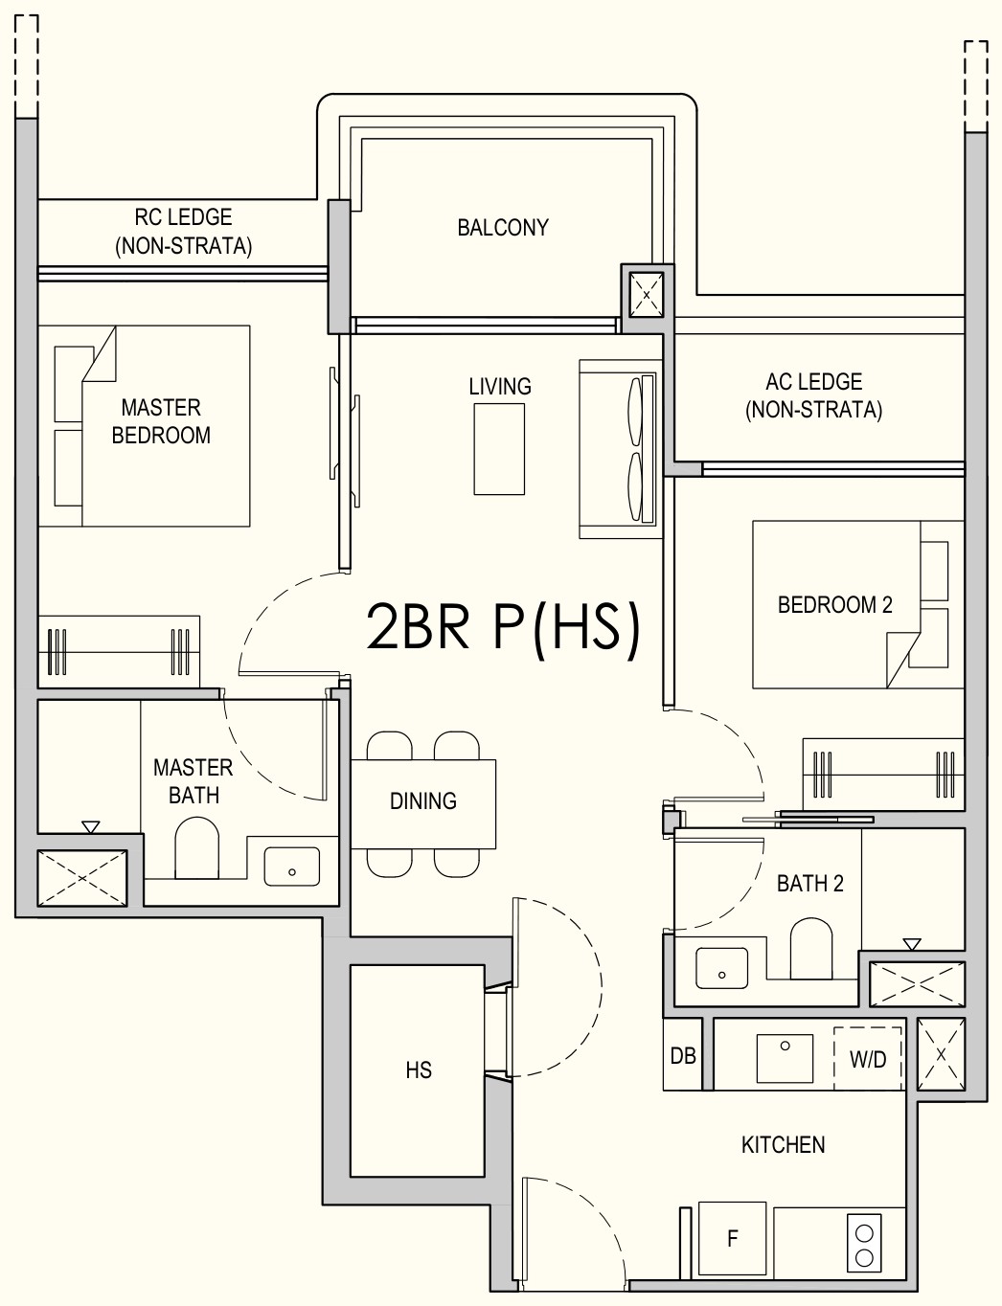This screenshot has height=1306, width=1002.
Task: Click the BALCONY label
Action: (503, 228)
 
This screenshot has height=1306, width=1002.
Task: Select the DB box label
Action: (683, 1055)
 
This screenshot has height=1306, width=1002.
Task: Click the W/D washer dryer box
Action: (867, 1058)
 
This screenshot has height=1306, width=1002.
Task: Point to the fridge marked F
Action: (732, 1238)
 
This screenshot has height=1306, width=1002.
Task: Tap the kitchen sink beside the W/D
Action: (785, 1058)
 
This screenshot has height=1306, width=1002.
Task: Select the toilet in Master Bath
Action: (196, 848)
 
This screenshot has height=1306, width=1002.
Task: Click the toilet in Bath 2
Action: (810, 949)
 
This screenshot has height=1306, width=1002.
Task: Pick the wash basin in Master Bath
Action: (292, 867)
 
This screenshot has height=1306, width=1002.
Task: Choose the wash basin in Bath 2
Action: (722, 968)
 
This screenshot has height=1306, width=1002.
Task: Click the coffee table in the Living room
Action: (499, 449)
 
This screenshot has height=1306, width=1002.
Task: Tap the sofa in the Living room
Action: (621, 449)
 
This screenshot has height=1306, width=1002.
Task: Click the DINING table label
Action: (423, 801)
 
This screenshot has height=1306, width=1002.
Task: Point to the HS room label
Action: (419, 1070)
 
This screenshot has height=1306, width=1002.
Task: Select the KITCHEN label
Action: (783, 1145)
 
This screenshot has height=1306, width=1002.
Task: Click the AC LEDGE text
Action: (814, 382)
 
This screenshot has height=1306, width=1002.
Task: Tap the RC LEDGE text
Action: (183, 217)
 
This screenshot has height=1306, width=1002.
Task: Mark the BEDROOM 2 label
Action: (835, 604)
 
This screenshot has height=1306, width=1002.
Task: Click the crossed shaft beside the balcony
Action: (647, 295)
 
